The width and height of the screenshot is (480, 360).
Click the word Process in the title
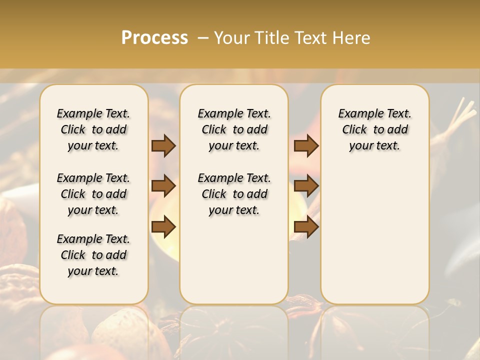(x=154, y=38)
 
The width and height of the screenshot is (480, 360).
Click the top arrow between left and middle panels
(x=163, y=146)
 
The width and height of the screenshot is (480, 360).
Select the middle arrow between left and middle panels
(x=163, y=186)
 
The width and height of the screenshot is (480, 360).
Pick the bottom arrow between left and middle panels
(x=163, y=227)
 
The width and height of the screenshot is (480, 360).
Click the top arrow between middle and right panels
(x=306, y=146)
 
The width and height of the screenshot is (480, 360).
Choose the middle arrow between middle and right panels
(x=306, y=186)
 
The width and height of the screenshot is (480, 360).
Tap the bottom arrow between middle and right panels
(x=306, y=227)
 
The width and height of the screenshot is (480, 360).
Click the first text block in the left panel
(x=93, y=129)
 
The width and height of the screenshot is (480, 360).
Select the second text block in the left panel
(x=93, y=194)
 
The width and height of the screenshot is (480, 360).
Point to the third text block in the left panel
(x=93, y=255)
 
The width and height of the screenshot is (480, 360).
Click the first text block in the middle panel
(x=234, y=129)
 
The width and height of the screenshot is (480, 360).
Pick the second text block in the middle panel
(x=234, y=194)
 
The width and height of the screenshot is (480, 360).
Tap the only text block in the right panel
(x=375, y=129)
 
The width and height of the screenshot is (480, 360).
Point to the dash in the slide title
(x=203, y=38)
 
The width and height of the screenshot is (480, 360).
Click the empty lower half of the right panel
(x=375, y=235)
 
